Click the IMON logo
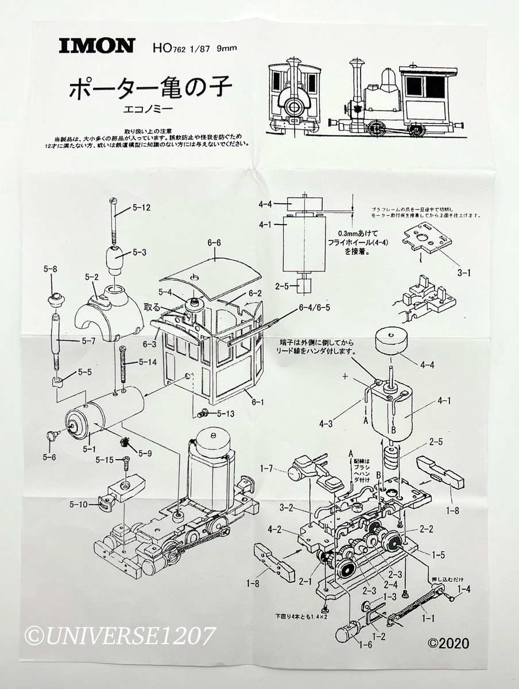tap(96, 46)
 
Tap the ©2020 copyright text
tap(447, 642)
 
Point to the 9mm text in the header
tap(227, 48)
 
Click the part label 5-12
tap(141, 208)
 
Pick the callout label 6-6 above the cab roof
tap(214, 243)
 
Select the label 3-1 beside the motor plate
tap(464, 273)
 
